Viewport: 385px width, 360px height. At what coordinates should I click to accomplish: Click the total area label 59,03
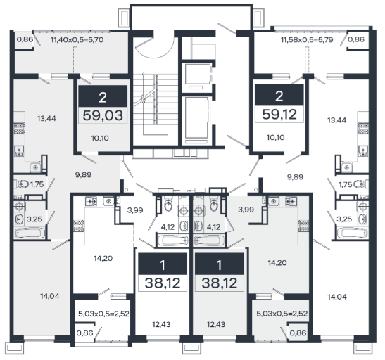pos(103,115)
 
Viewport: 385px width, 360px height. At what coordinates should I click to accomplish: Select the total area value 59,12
pos(279,115)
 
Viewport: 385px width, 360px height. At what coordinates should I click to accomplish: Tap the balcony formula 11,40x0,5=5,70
pos(77,40)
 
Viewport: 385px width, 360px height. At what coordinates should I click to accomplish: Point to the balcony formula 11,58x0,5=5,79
pos(307,40)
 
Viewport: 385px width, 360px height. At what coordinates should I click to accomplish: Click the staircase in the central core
pos(156,104)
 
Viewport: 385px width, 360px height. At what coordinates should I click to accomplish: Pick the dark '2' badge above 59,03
pos(103,96)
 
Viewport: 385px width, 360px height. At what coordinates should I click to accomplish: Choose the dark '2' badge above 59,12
pos(279,95)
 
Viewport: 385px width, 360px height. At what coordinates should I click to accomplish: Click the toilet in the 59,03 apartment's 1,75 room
pos(23,184)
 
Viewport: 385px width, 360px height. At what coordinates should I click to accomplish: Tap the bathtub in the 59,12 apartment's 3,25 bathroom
pos(353,233)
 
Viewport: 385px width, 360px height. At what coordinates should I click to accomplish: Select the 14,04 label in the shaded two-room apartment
pos(49,296)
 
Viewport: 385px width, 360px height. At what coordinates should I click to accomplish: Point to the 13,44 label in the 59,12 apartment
pos(337,120)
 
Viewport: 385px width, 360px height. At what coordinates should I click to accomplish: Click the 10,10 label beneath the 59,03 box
pos(100,138)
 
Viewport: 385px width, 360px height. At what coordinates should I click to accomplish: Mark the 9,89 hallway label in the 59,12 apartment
pos(295,176)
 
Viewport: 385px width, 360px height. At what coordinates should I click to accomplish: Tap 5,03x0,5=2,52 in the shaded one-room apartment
pos(282,314)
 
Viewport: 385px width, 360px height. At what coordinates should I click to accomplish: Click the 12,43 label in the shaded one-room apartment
pos(216,324)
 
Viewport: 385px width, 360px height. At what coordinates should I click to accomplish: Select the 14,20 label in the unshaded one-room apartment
pos(103,258)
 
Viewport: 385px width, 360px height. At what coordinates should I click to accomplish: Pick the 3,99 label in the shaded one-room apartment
pos(246,210)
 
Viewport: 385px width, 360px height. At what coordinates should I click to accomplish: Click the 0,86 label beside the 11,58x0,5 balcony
pos(356,39)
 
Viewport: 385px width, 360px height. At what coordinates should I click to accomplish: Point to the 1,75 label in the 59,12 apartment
pos(346,184)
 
